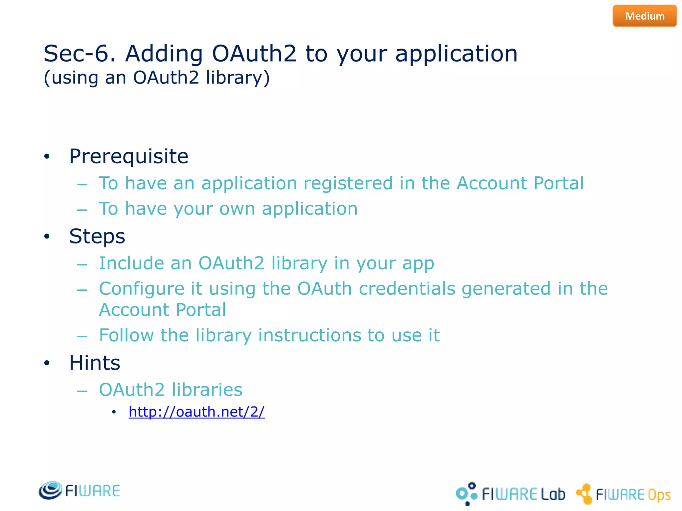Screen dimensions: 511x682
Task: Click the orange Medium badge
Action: (644, 16)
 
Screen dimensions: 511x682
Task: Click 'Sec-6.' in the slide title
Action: (80, 54)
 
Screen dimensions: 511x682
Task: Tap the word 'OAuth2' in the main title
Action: (254, 54)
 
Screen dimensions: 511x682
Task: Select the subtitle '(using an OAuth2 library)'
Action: (157, 78)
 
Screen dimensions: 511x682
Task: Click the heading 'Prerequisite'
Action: (129, 156)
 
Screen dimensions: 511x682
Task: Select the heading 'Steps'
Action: (97, 236)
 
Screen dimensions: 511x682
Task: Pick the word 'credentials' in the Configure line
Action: (407, 288)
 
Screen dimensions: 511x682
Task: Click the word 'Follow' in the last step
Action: (126, 335)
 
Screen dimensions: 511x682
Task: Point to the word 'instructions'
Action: (309, 335)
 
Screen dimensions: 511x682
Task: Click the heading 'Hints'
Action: (95, 363)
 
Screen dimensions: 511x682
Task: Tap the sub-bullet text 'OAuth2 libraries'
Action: (170, 390)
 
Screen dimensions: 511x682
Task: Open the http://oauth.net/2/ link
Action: (196, 412)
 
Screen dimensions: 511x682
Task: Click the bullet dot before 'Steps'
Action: (47, 237)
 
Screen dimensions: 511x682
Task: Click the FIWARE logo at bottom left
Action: (79, 491)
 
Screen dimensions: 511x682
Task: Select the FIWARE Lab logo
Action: (510, 494)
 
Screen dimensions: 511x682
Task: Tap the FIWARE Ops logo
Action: (623, 494)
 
